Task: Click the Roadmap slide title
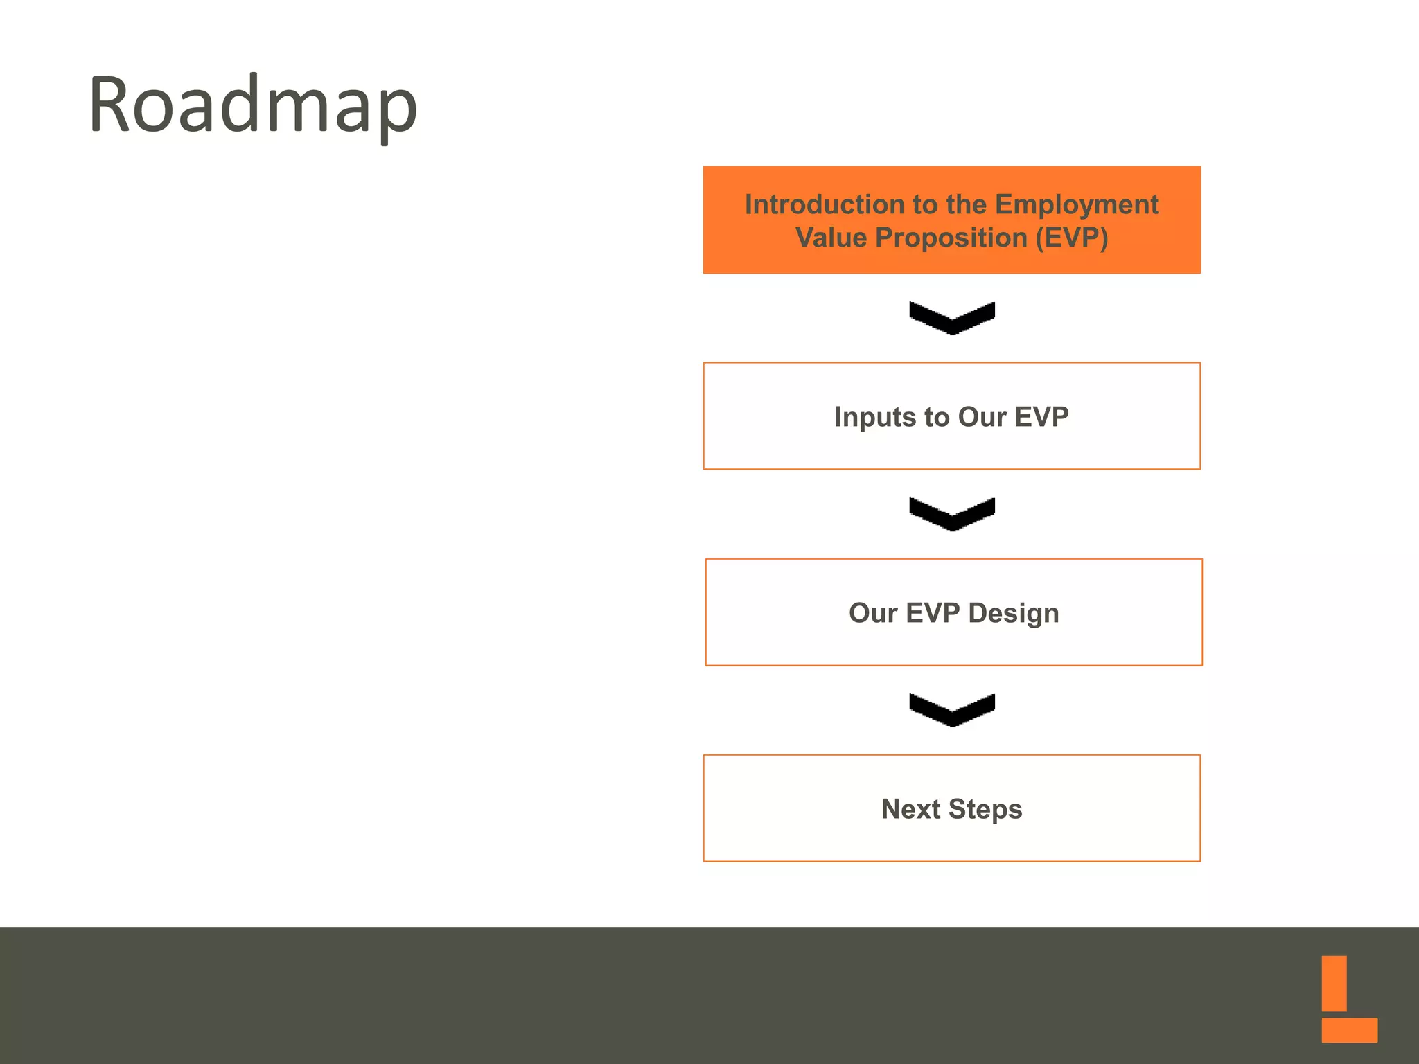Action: pyautogui.click(x=253, y=105)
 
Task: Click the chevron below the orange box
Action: pyautogui.click(x=952, y=319)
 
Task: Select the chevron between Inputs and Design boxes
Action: pyautogui.click(x=952, y=515)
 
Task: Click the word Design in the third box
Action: pyautogui.click(x=1013, y=614)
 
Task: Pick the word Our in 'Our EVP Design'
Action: pyautogui.click(x=872, y=613)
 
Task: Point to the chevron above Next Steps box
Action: pyautogui.click(x=952, y=711)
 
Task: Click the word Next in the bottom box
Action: pyautogui.click(x=910, y=809)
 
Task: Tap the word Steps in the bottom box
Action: pyautogui.click(x=985, y=810)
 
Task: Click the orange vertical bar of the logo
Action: pyautogui.click(x=1334, y=983)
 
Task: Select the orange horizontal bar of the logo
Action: pyautogui.click(x=1348, y=1029)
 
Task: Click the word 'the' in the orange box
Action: pyautogui.click(x=966, y=204)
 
